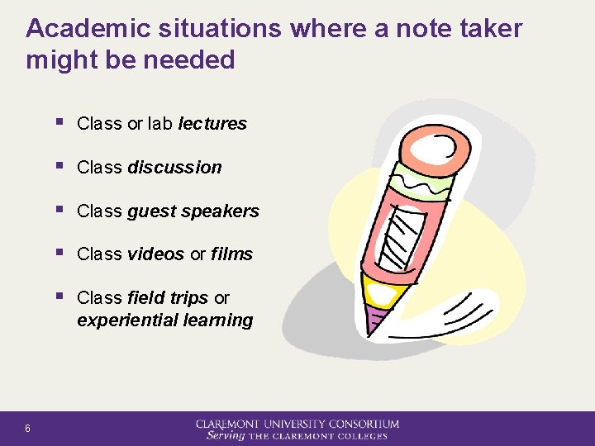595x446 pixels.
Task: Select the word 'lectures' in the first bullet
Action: click(212, 124)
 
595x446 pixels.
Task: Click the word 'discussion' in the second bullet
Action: click(174, 168)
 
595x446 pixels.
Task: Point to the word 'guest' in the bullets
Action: click(151, 211)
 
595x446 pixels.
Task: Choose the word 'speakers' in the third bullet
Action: click(220, 211)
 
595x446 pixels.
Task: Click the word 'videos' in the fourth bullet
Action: click(155, 254)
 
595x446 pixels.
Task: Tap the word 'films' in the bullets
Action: click(231, 254)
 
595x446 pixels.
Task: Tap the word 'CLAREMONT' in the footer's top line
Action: click(231, 425)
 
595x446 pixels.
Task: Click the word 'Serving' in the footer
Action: click(226, 435)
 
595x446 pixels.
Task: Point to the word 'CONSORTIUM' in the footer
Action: click(363, 425)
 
